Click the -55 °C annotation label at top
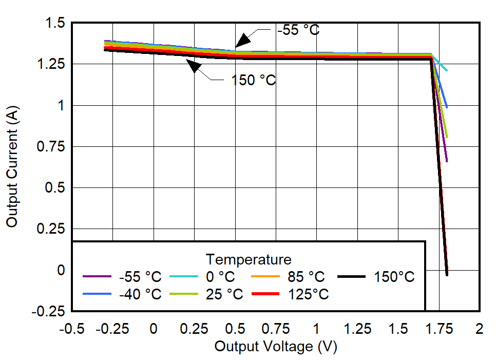(x=298, y=30)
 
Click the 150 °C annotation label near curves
(x=254, y=80)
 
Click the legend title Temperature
(x=249, y=258)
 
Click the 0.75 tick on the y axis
(x=51, y=147)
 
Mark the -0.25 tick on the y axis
(x=49, y=311)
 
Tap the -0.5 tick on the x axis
(x=72, y=329)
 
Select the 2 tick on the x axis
(x=480, y=329)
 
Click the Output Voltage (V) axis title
(x=276, y=347)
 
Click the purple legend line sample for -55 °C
(x=97, y=277)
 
